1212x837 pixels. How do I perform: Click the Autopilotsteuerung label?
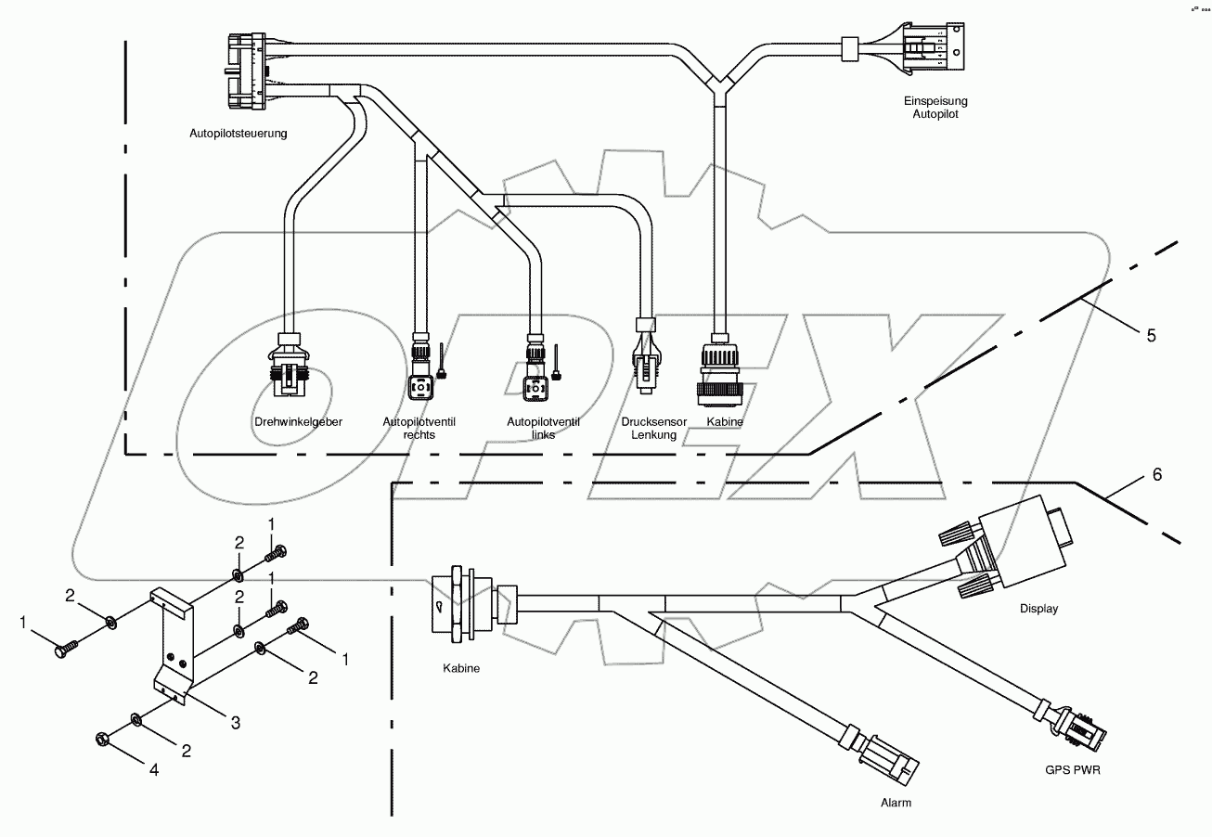(238, 133)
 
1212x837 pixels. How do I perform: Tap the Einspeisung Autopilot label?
(935, 108)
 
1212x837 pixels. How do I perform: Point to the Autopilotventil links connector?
(535, 372)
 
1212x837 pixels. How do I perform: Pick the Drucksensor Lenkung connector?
(646, 356)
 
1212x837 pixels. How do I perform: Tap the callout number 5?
(1151, 336)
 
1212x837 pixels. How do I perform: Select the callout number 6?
(1156, 474)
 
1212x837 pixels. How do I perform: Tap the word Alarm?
(896, 803)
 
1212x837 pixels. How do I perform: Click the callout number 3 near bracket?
(236, 722)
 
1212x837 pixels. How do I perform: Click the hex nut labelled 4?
(102, 739)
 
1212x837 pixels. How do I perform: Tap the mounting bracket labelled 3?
(173, 650)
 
